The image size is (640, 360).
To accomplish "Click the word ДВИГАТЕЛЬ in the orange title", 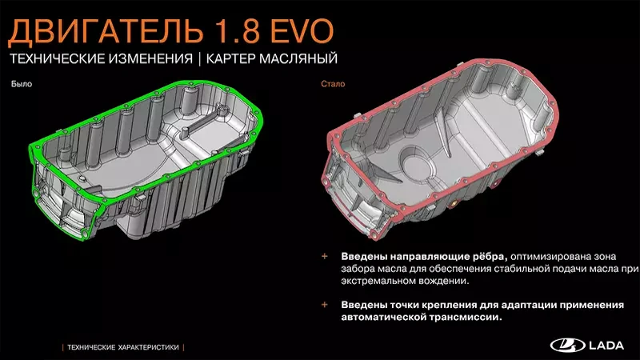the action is (x=106, y=31).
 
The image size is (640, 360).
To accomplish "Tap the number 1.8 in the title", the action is (x=237, y=31).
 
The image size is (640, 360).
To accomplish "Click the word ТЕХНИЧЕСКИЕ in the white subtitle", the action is (x=57, y=58).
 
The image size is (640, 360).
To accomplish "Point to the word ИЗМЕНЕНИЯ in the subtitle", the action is (x=150, y=58).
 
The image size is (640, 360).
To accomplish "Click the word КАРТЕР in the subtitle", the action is (x=230, y=58).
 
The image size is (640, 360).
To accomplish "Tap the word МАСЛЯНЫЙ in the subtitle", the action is (x=298, y=58).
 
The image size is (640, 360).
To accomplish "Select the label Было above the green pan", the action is (x=22, y=84).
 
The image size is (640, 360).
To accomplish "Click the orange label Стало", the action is (x=333, y=84).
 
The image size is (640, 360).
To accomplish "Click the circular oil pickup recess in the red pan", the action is (x=417, y=163).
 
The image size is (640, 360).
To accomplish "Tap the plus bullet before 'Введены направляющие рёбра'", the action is (x=325, y=256).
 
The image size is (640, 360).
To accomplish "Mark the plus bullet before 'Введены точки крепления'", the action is (x=325, y=305).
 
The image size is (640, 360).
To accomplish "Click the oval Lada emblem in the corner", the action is (x=567, y=346).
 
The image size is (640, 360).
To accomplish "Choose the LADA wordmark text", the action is (x=606, y=346).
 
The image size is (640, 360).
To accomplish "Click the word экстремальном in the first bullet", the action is (x=382, y=281).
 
